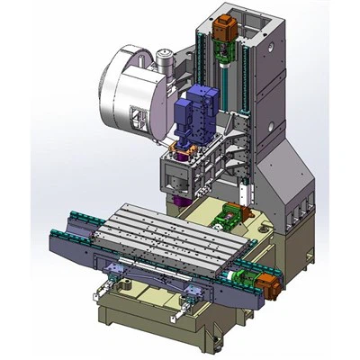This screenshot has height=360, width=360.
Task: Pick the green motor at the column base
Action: click(231, 217)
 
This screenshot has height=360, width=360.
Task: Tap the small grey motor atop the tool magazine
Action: click(164, 61)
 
